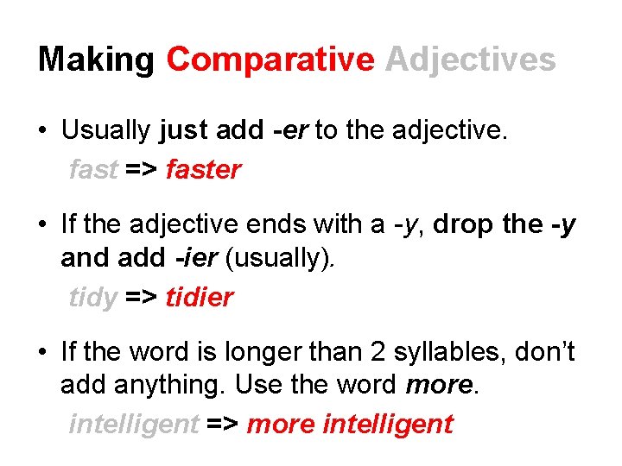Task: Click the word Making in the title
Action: tap(95, 60)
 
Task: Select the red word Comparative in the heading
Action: tap(270, 60)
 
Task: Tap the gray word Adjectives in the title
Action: tap(470, 60)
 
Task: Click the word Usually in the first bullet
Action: tap(107, 131)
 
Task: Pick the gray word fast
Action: tap(92, 170)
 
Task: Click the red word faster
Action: tap(203, 170)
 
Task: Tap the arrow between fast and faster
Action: tap(141, 171)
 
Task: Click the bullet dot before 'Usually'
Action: tap(42, 132)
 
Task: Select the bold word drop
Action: tap(463, 224)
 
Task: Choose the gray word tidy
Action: tap(92, 299)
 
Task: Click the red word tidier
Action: tap(200, 298)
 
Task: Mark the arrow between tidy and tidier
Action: tap(141, 299)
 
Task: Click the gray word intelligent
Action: tap(133, 425)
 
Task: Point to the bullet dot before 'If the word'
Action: tap(42, 352)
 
